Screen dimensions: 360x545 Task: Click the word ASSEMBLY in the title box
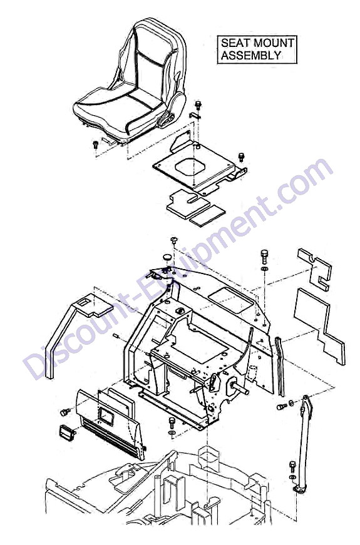tap(251, 55)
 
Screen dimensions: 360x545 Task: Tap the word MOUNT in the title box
tap(274, 43)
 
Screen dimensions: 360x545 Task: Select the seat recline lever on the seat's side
tap(167, 120)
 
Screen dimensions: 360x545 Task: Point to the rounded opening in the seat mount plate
tap(189, 168)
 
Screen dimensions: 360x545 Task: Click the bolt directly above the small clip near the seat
tap(198, 104)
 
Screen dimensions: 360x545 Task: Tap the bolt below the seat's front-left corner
tap(95, 145)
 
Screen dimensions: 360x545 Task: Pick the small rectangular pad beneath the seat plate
tap(207, 215)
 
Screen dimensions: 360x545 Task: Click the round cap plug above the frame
tap(168, 258)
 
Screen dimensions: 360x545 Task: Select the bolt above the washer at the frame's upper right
tap(264, 257)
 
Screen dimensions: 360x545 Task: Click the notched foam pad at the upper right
tap(315, 268)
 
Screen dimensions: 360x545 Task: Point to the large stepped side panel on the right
tap(318, 325)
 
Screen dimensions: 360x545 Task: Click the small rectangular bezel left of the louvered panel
tap(67, 433)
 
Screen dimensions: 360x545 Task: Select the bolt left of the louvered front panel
tap(64, 412)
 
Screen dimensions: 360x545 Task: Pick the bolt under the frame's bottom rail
tap(172, 423)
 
